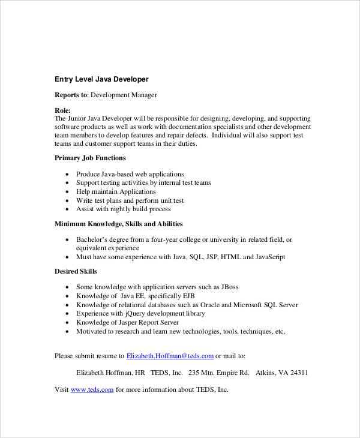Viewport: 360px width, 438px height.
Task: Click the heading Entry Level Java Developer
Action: coord(101,79)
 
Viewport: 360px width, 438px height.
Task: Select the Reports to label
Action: coord(71,95)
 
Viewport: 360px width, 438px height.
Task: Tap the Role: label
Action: coord(63,110)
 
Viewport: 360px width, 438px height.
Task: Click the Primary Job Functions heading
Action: coord(90,158)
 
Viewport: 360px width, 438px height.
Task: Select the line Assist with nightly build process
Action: coord(123,209)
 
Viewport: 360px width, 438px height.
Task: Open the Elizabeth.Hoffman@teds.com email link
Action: coord(170,356)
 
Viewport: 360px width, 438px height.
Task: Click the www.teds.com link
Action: coord(92,389)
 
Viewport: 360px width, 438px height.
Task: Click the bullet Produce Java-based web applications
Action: coord(130,174)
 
